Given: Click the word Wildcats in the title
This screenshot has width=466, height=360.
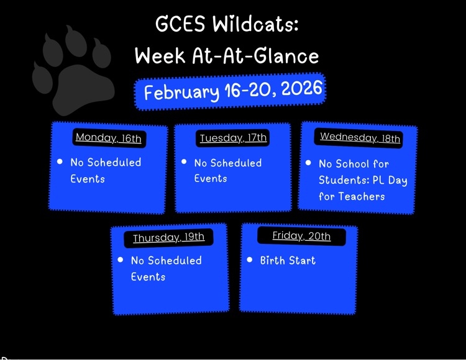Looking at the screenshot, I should (x=255, y=25).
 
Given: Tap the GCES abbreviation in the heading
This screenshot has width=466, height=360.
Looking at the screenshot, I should (x=180, y=25).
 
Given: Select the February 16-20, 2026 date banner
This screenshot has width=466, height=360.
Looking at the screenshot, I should (x=230, y=91).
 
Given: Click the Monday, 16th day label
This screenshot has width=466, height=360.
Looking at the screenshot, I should (x=108, y=138).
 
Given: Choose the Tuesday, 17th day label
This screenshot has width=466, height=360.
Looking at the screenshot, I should (x=233, y=138).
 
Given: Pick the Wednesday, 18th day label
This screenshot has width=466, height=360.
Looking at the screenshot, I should (x=360, y=137).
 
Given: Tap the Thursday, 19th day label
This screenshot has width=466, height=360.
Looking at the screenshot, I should (x=168, y=238).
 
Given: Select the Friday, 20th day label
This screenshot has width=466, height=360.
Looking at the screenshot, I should (x=301, y=236).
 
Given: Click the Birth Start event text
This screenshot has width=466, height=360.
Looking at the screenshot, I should (x=288, y=261).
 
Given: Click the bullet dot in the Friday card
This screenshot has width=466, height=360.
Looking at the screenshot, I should (x=250, y=260).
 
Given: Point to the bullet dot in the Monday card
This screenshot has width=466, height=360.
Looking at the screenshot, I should (x=60, y=161).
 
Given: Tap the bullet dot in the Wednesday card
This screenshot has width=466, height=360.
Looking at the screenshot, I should (x=308, y=163).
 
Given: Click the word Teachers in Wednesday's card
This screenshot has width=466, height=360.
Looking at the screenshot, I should (x=362, y=197).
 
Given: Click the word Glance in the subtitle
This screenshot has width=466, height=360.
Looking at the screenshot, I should (x=289, y=56).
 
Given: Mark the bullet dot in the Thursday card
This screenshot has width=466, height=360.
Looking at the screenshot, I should (x=121, y=260).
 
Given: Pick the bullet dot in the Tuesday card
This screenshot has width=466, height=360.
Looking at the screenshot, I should (x=184, y=162).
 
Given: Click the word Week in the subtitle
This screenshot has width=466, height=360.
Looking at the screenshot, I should (x=160, y=56).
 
